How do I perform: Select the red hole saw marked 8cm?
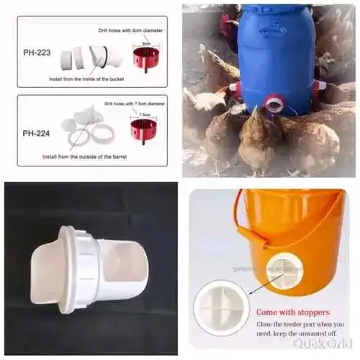click(145, 58)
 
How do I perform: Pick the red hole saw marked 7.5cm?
click(143, 130)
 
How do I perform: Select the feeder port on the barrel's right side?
click(318, 87)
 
